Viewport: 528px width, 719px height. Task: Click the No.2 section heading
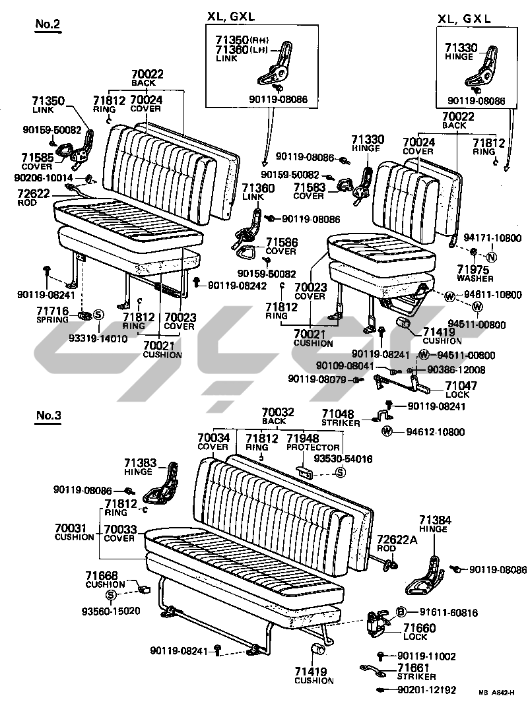click(x=48, y=24)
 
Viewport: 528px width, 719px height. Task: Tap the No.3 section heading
click(x=48, y=416)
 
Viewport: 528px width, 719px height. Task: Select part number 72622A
click(x=397, y=540)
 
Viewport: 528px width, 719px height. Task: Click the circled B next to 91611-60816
click(x=401, y=611)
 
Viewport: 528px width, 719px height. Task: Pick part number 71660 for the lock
click(x=419, y=628)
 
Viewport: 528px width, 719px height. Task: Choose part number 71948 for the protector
click(x=303, y=437)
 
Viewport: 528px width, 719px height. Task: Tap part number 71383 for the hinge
click(x=138, y=463)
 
